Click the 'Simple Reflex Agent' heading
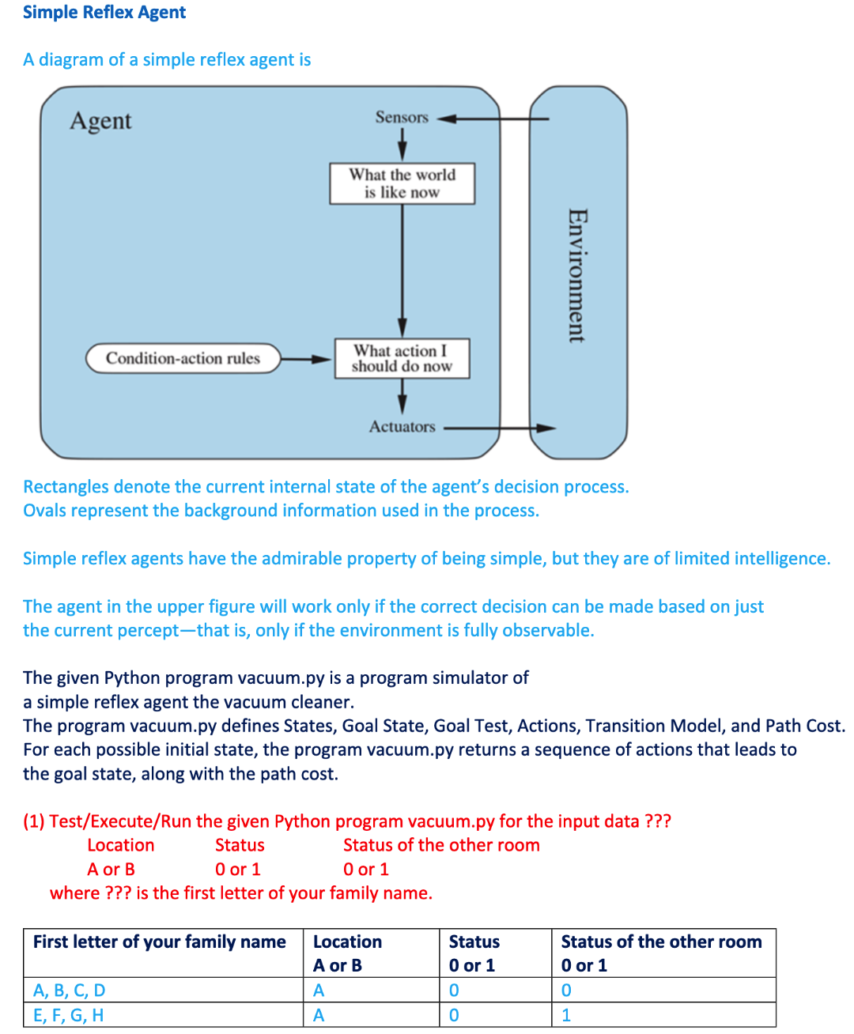[104, 13]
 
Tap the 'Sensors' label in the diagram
[402, 118]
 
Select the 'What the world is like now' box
[402, 183]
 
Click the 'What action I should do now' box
[402, 358]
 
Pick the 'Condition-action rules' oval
[183, 358]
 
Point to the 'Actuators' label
[402, 427]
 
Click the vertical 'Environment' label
[577, 275]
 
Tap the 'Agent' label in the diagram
[100, 121]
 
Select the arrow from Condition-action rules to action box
[306, 359]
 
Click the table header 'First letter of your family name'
[160, 942]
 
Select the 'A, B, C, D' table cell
[70, 991]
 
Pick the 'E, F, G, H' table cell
[69, 1015]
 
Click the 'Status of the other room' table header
[661, 942]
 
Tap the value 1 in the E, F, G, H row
[566, 1015]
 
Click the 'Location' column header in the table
[347, 942]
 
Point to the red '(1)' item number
[34, 821]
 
